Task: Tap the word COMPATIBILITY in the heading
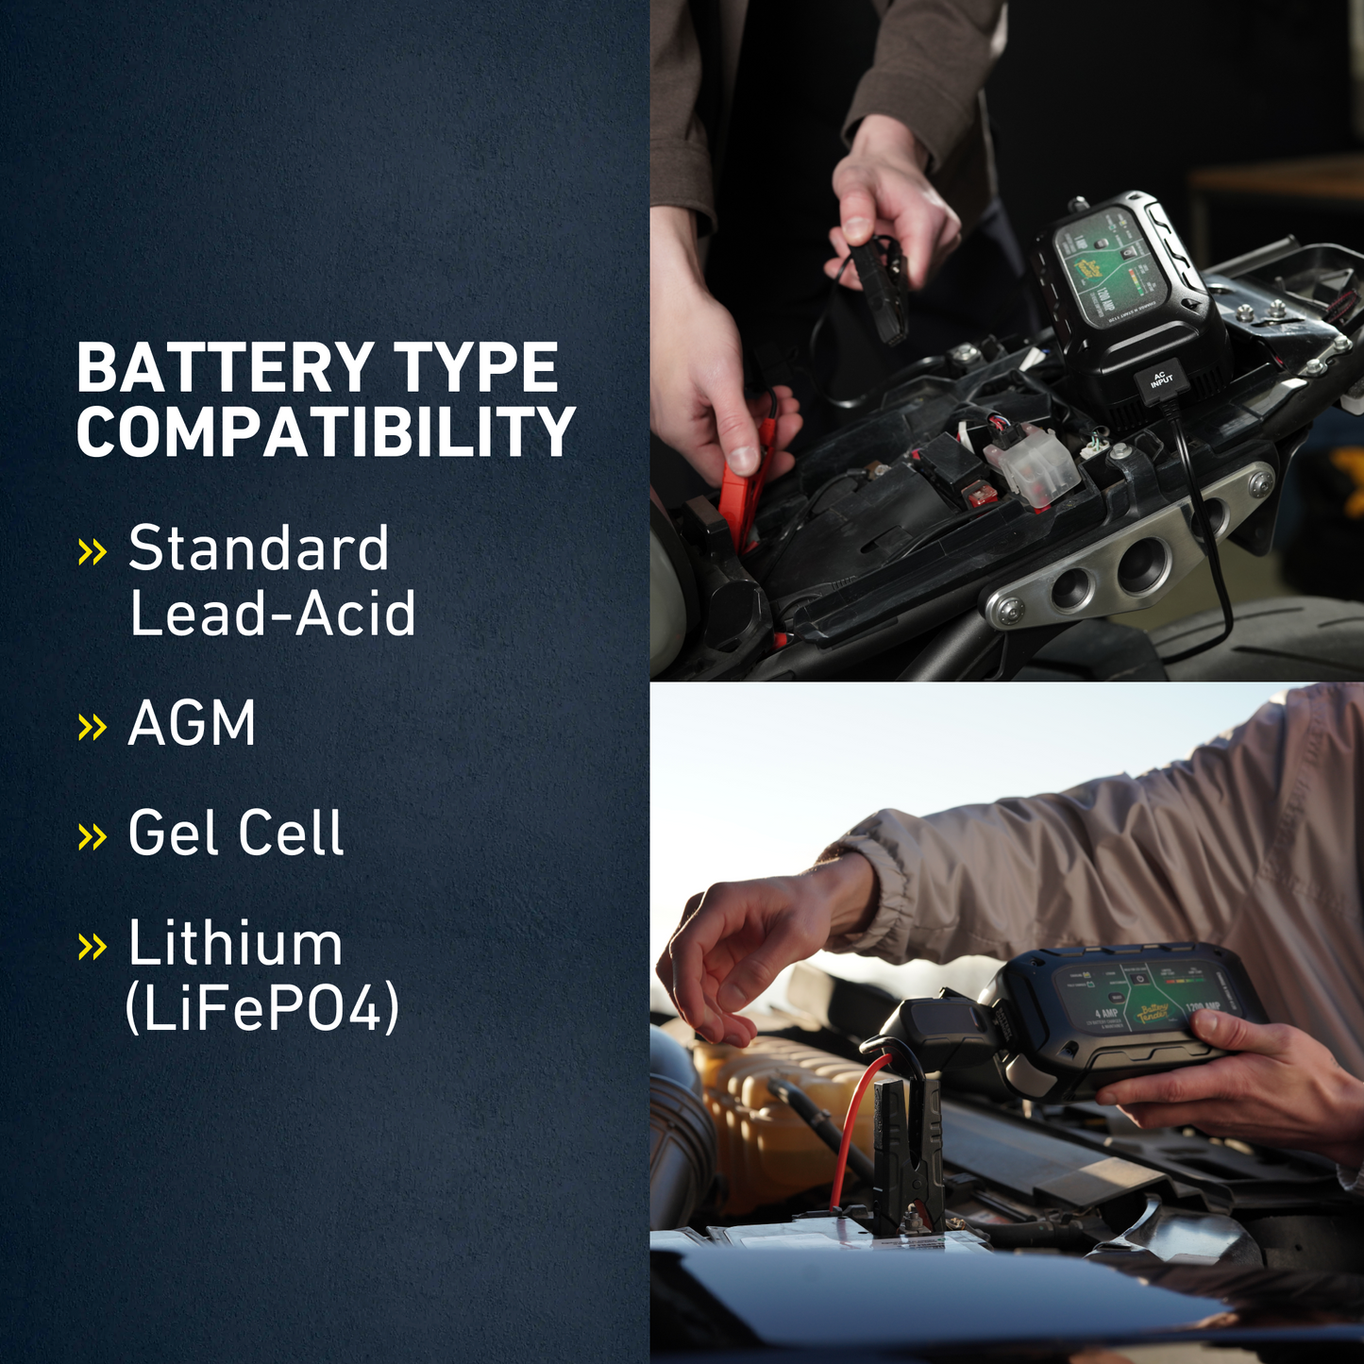(326, 432)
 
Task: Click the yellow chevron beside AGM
(92, 727)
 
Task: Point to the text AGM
(192, 724)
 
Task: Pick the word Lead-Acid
(272, 614)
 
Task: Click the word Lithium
(235, 943)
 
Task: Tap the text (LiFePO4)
(261, 1008)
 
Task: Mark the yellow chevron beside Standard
(92, 551)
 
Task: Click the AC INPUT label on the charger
(1161, 380)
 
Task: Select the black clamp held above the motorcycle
(883, 288)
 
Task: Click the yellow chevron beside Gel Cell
(92, 836)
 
